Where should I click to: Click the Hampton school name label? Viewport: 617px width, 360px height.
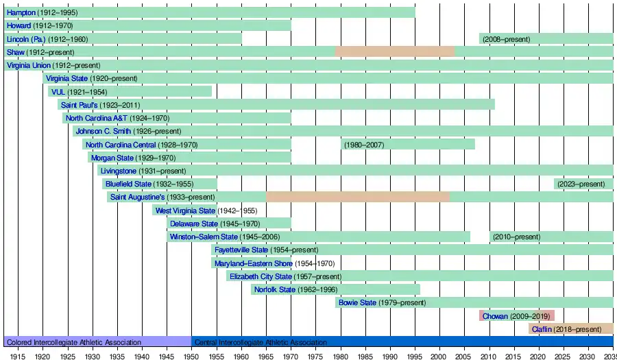click(x=21, y=13)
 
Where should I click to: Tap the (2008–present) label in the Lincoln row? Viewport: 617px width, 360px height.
click(x=506, y=39)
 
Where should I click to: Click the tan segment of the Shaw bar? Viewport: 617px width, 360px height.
click(x=394, y=52)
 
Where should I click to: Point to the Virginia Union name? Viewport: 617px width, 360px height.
click(x=28, y=65)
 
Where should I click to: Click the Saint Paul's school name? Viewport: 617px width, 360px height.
click(x=80, y=105)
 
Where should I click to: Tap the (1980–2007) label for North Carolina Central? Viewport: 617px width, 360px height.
click(x=364, y=145)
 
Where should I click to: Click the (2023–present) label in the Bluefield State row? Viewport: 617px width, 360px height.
click(x=581, y=184)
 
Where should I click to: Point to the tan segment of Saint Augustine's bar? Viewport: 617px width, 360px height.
click(x=357, y=197)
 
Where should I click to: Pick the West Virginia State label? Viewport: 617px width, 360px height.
click(x=185, y=211)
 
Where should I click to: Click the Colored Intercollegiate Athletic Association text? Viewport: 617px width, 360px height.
click(x=74, y=342)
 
